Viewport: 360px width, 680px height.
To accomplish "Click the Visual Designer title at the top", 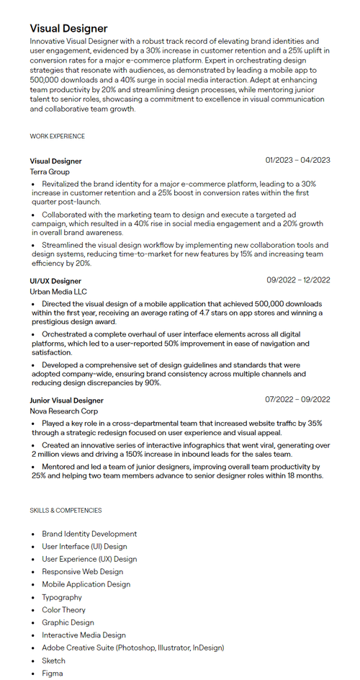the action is pos(68,29).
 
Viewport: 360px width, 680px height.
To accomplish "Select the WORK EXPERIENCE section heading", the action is pos(57,136).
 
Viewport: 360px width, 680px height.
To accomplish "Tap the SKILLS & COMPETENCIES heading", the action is pos(66,510).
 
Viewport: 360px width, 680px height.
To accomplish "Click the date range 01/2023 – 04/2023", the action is pos(297,161).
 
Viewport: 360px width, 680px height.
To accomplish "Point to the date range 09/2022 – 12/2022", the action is pos(298,280).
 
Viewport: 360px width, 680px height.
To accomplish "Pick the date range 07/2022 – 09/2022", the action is pos(297,400).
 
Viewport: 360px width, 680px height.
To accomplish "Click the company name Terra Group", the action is pos(50,172).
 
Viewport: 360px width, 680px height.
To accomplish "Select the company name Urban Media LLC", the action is pos(58,292).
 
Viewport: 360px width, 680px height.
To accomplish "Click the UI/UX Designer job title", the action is pos(55,281).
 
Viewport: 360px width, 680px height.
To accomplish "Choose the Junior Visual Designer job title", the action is pos(66,401).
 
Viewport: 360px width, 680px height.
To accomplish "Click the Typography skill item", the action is pos(62,597).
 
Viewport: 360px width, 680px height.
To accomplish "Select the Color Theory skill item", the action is pos(63,610).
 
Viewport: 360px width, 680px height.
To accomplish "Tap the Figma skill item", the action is pos(52,674).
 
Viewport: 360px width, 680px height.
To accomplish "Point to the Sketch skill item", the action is pos(53,661).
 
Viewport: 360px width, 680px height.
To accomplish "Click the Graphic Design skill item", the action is pos(68,622).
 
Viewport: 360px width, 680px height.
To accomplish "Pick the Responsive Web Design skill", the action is pos(82,572).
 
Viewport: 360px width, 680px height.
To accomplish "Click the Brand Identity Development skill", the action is pos(89,534).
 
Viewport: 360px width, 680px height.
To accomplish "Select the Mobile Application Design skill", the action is pos(86,584).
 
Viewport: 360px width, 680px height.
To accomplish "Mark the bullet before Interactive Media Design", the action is pos(33,635).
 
